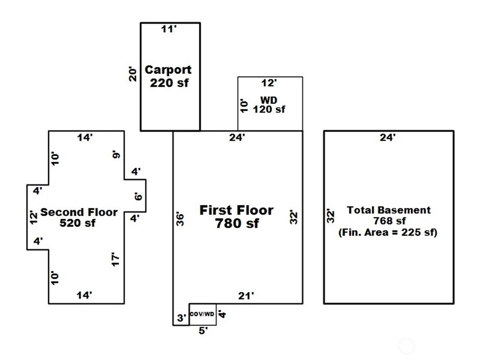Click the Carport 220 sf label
(x=168, y=76)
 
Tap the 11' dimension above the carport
(x=168, y=30)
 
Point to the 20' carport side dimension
(x=133, y=73)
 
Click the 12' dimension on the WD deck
(x=269, y=84)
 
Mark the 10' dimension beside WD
(x=243, y=105)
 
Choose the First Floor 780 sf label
(x=237, y=216)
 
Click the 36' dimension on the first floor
(x=180, y=218)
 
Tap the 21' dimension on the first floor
(x=246, y=296)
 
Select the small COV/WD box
(x=202, y=314)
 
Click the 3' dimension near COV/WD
(x=181, y=317)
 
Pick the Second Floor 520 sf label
(x=79, y=217)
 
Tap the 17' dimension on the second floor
(x=115, y=260)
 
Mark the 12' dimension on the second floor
(x=33, y=217)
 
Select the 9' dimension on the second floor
(x=116, y=155)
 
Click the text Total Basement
(x=389, y=210)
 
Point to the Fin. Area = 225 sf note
(x=388, y=233)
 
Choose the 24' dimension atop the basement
(x=388, y=138)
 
